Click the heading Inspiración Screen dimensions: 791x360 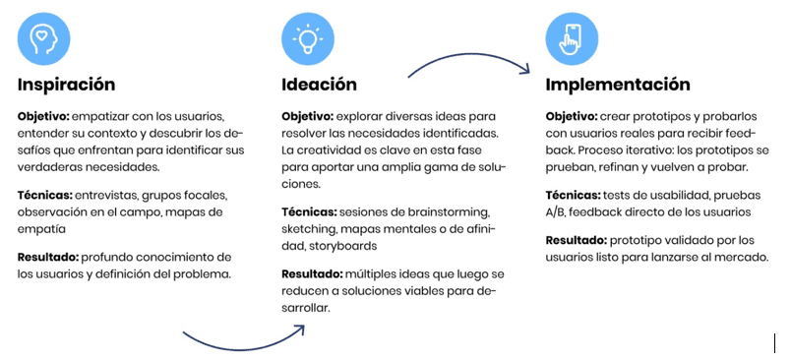(x=66, y=85)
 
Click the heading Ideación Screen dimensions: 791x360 (x=319, y=85)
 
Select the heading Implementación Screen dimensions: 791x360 (x=618, y=85)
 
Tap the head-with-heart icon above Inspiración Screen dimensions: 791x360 (x=43, y=37)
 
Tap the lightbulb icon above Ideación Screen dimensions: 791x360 (x=307, y=37)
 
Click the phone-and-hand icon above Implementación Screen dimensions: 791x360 (x=571, y=37)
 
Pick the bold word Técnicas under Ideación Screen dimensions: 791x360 (x=309, y=212)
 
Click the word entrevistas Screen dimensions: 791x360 (x=113, y=196)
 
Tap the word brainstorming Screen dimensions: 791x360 (x=453, y=212)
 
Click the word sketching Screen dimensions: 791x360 (x=309, y=228)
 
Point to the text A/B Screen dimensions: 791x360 (x=557, y=212)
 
